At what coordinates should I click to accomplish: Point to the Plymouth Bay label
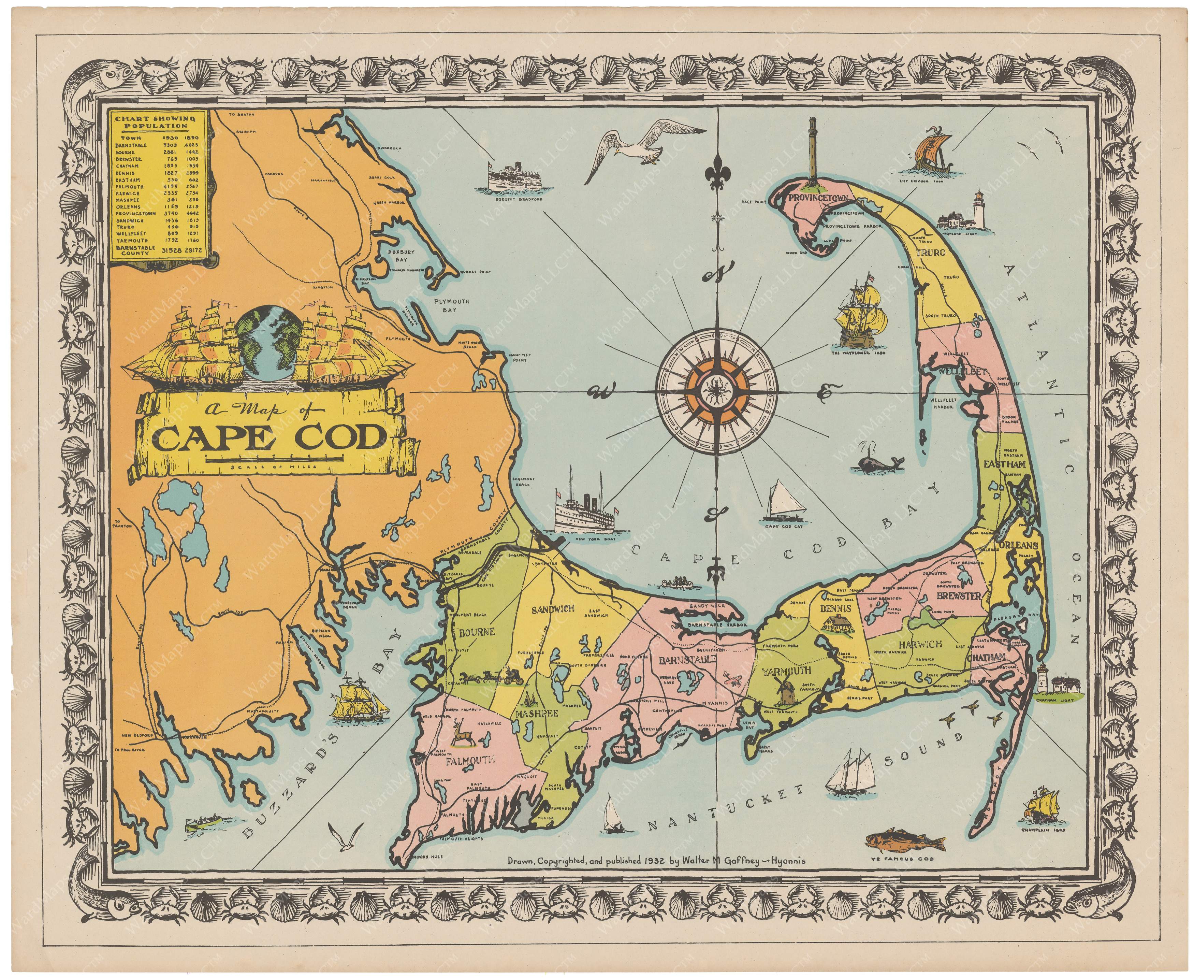tap(451, 305)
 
